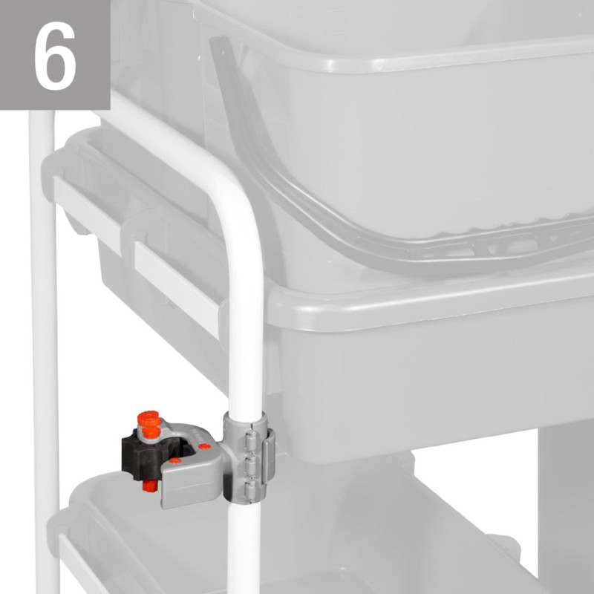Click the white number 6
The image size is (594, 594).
[55, 56]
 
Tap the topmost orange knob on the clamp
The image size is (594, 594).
[149, 418]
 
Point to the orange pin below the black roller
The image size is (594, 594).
[150, 486]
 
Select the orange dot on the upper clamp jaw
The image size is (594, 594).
[205, 446]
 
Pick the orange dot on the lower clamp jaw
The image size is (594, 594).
[175, 460]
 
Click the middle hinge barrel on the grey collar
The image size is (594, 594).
[252, 463]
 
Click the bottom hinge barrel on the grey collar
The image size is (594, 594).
[252, 489]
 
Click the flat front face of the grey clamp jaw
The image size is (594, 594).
[192, 485]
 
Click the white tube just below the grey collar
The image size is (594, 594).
[244, 546]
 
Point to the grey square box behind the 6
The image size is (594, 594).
[55, 55]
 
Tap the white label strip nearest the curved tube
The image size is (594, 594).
[177, 288]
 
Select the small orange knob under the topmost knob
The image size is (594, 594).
[152, 432]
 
